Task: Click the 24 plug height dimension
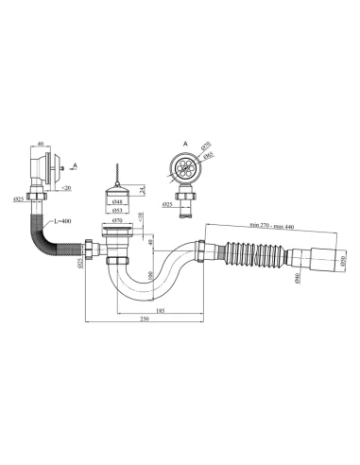click(x=141, y=193)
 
